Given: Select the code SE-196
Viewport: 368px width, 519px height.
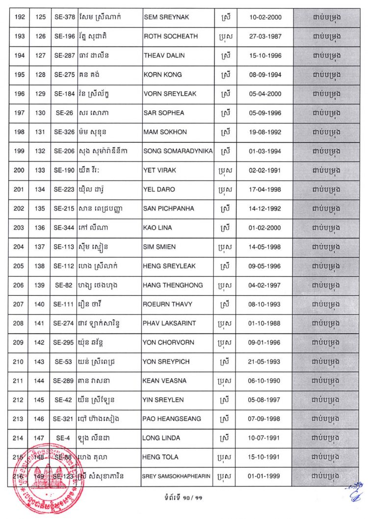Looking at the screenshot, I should pos(64,36).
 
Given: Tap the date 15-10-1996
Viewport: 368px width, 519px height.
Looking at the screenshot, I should pos(264,55).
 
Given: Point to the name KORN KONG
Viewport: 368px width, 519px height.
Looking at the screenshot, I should pos(162,75).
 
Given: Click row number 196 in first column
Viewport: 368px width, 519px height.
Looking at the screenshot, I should pos(19,94).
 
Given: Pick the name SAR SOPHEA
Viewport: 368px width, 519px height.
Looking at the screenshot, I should pos(164,113).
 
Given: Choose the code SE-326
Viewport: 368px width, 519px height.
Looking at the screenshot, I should pos(64,132).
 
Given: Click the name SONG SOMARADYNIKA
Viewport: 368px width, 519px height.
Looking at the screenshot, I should pos(178,151).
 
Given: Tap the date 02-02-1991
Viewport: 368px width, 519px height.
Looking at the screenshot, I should pos(264,170).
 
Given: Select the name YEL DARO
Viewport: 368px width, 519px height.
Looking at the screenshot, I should pos(159,189).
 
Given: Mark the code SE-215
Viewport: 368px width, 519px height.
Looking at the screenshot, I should pos(64,208).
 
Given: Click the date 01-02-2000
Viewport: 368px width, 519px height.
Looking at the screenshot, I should pos(264,228).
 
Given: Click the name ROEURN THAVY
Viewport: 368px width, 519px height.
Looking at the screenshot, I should pos(168,304).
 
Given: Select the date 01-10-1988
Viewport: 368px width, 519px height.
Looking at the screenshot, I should pos(264,323).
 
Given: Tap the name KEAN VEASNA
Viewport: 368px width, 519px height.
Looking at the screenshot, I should pos(164,381).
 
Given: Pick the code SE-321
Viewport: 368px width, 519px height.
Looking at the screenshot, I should pos(64,419).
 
